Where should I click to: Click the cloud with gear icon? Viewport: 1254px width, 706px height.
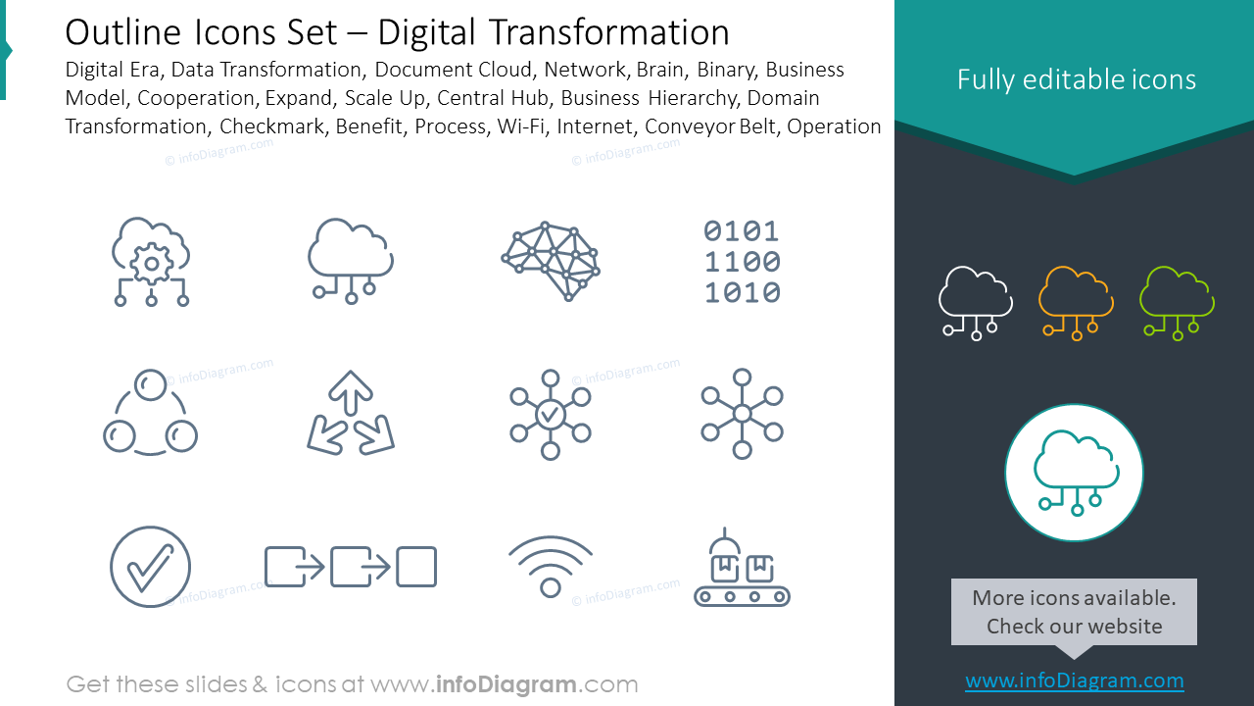point(151,262)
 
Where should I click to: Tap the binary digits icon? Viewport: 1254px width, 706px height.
point(742,262)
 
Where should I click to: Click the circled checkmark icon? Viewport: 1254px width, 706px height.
point(150,567)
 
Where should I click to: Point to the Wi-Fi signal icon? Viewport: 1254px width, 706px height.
point(551,567)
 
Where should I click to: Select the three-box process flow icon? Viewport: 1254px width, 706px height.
point(351,567)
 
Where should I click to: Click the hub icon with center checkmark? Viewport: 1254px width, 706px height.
point(551,415)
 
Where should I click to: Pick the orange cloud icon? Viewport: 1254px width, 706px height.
point(1076,303)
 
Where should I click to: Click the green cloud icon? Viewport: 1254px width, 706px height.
point(1177,303)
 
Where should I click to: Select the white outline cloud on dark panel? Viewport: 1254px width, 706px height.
point(975,303)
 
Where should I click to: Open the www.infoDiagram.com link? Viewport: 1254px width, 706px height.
point(1075,681)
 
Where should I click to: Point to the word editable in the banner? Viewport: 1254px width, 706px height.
point(1075,79)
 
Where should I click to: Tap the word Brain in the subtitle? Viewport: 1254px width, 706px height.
point(661,70)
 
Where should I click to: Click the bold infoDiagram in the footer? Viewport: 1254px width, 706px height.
point(506,684)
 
